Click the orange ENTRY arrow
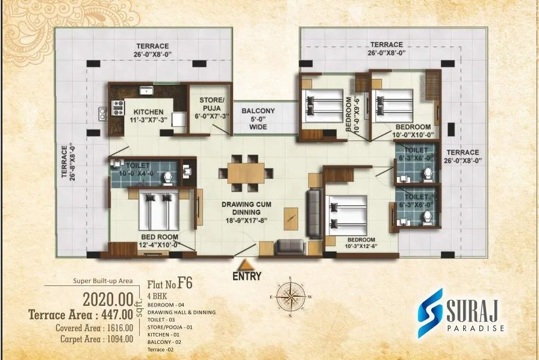tap(245, 265)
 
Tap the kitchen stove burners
tap(118, 111)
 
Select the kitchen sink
tap(146, 91)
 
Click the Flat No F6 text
tap(173, 282)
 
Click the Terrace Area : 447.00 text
tap(81, 314)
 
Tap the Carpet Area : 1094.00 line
tap(94, 339)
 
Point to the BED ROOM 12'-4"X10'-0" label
tap(159, 241)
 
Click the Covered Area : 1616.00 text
tap(94, 328)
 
